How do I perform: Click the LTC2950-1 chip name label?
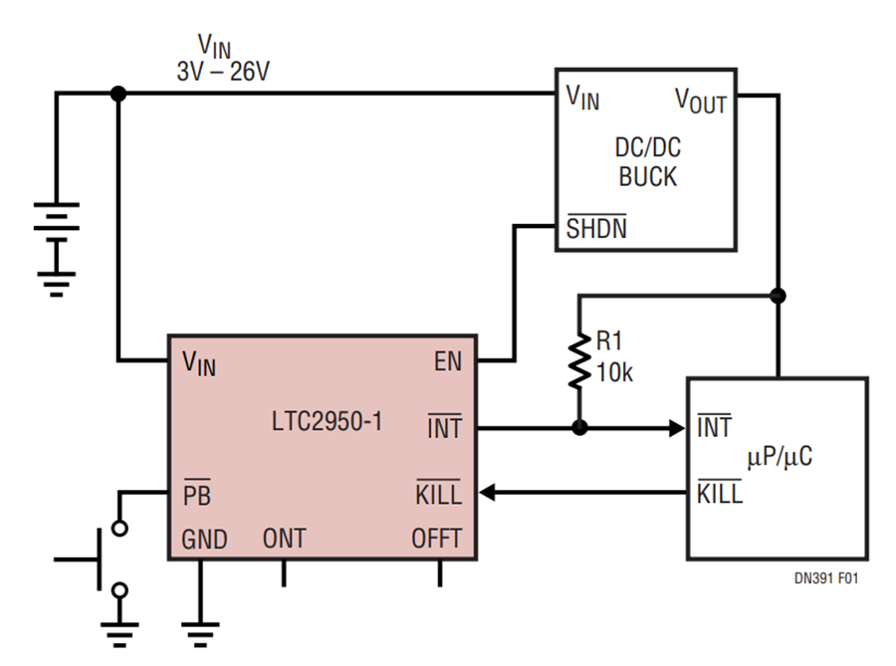[327, 421]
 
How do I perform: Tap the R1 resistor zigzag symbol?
[579, 361]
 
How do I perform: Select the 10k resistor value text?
[615, 373]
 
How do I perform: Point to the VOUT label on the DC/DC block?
[701, 101]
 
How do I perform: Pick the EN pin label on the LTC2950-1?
[448, 361]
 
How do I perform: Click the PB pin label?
[197, 494]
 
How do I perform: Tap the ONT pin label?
[285, 539]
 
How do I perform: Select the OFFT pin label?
[437, 539]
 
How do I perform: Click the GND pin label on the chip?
[204, 540]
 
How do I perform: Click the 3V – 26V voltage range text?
[223, 72]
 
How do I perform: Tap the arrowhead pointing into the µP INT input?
[677, 428]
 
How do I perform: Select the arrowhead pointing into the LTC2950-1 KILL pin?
[487, 493]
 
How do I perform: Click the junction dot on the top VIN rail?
[118, 94]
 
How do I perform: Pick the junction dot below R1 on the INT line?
[579, 427]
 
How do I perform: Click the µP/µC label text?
[780, 457]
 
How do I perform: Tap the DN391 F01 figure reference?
[826, 578]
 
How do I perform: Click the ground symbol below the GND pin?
[200, 634]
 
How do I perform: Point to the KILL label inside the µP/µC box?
[720, 493]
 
